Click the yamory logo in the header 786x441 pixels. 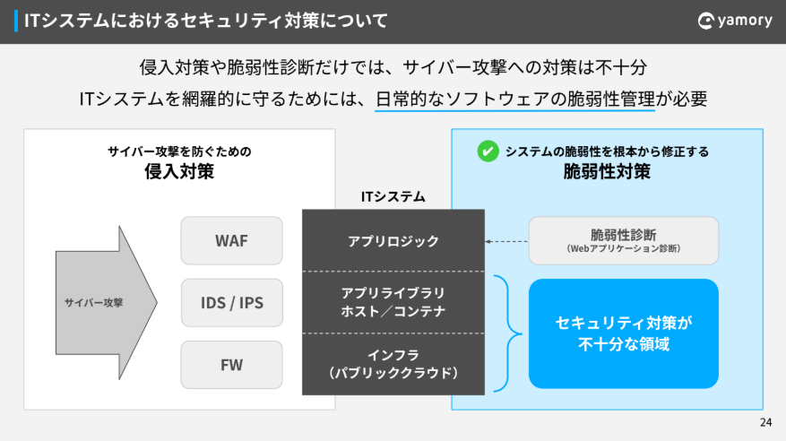coord(734,20)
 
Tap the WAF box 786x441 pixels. coord(231,240)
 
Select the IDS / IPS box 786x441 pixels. coord(231,303)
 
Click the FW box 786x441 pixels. coord(231,365)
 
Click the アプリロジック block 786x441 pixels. coord(393,240)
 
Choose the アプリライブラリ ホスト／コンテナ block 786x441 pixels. coord(393,302)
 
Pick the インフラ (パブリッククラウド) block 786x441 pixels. coord(393,363)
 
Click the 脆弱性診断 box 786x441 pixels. coord(623,240)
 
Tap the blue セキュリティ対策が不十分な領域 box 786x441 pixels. coord(623,333)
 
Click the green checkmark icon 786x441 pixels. coord(488,151)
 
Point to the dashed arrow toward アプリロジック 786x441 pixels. coord(506,241)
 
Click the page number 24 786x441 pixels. coord(764,422)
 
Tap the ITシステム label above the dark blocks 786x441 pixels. coord(393,196)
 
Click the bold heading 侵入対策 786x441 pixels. coord(179,171)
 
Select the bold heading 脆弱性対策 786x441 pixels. coord(607,171)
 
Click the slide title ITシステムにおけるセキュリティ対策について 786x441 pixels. coord(207,20)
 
